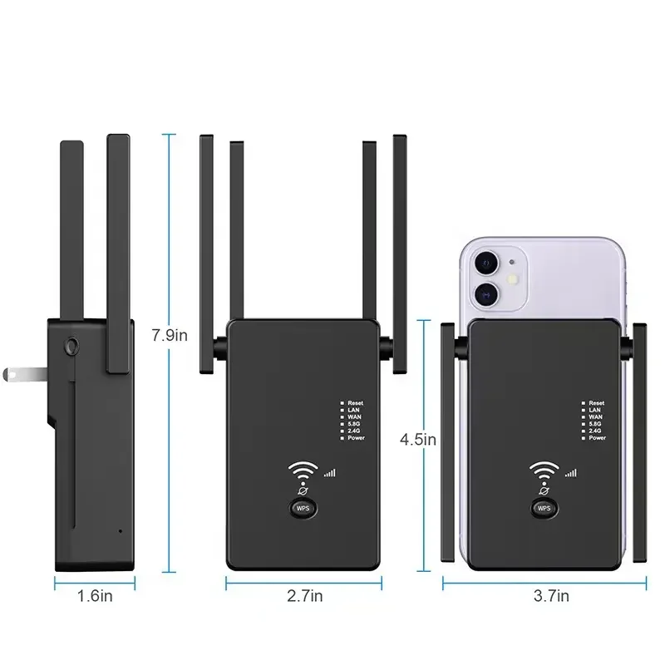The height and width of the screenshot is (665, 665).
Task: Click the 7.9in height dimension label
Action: (x=170, y=336)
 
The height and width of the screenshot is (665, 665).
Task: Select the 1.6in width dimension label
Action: (x=96, y=595)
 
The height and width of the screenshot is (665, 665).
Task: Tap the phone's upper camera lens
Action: (x=484, y=262)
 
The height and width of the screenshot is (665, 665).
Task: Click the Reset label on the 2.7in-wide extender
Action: (x=356, y=403)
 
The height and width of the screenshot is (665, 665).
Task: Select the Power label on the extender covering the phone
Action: (x=597, y=438)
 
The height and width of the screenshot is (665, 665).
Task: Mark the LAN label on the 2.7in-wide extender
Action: (x=353, y=410)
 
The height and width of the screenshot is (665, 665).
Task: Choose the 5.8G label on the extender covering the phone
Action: (x=595, y=424)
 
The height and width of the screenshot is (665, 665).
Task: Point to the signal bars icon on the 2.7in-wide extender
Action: (x=330, y=473)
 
